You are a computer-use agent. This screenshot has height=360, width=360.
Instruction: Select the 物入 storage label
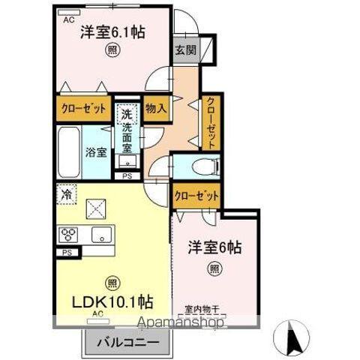click(155, 107)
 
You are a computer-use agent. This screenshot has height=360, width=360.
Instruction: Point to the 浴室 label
click(95, 152)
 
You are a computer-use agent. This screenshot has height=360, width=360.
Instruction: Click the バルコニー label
click(128, 343)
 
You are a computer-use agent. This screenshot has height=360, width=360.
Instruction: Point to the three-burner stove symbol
click(70, 235)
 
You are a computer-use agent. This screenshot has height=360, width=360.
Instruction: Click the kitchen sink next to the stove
click(100, 235)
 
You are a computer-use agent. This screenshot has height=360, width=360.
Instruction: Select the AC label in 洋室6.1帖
click(68, 20)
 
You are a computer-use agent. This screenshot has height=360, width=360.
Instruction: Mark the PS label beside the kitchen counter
click(67, 253)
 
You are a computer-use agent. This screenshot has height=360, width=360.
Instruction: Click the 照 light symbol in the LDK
click(112, 283)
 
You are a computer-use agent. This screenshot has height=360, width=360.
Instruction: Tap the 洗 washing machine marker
click(127, 115)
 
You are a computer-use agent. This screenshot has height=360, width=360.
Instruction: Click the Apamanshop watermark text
click(179, 324)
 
